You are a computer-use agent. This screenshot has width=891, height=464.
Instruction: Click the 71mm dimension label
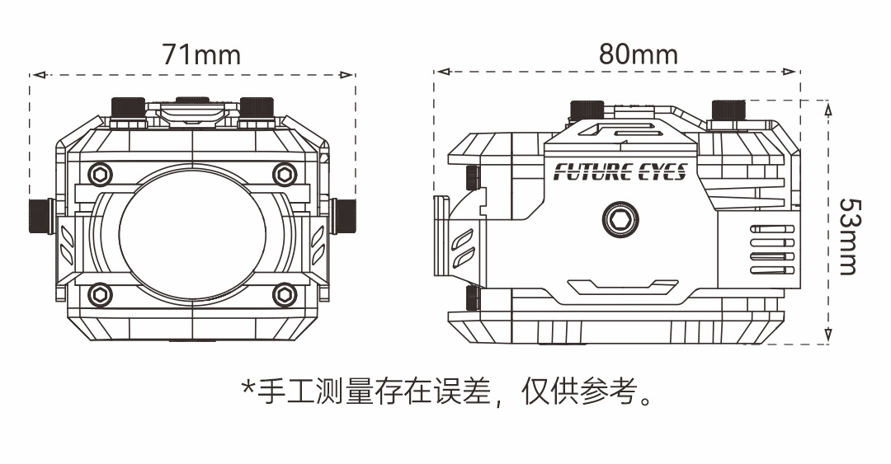coord(201,54)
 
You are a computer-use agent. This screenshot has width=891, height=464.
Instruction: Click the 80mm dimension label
coord(638,54)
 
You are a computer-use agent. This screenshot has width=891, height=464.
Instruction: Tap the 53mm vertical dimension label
coord(847,236)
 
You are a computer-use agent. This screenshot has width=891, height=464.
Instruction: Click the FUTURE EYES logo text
coord(620,172)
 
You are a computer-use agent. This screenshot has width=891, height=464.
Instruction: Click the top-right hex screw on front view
coord(285,174)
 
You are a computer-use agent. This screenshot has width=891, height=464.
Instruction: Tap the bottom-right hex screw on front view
coord(285,293)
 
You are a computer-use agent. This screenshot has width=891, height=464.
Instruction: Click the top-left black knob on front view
coord(128,108)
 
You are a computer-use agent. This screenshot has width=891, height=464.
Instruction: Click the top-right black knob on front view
coord(257,108)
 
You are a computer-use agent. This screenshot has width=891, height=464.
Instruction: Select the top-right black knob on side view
coord(728,110)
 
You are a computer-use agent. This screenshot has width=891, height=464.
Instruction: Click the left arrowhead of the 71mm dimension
coord(34,75)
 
